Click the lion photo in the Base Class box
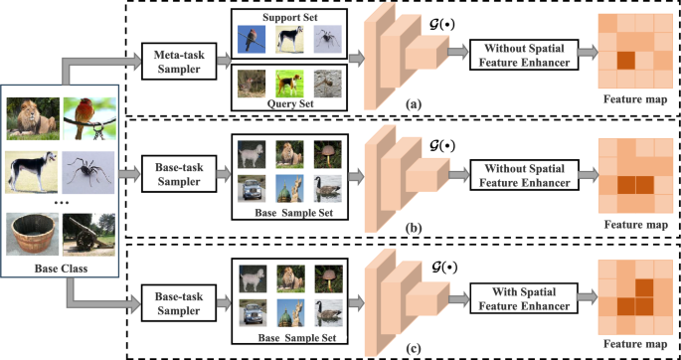pos(31,115)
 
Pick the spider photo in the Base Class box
pos(87,170)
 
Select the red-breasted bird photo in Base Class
pos(87,115)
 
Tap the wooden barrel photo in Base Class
pos(31,233)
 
